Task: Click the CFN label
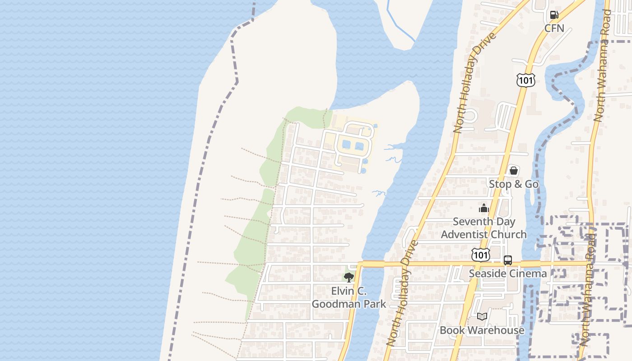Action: coord(554,28)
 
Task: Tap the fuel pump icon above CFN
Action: coord(554,15)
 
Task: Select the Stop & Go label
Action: coord(514,184)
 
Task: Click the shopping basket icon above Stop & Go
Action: coord(514,171)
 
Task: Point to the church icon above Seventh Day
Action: coord(484,208)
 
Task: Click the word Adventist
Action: coord(465,235)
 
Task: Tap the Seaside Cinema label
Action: coord(507,273)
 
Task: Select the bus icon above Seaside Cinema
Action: coord(508,260)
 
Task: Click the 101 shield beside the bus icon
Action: coord(480,255)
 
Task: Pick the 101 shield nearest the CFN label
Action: coord(526,80)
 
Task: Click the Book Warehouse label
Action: coord(482,330)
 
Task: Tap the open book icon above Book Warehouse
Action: coord(482,317)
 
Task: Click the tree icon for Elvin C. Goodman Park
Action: coord(349,278)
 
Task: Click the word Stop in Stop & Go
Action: coord(500,184)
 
